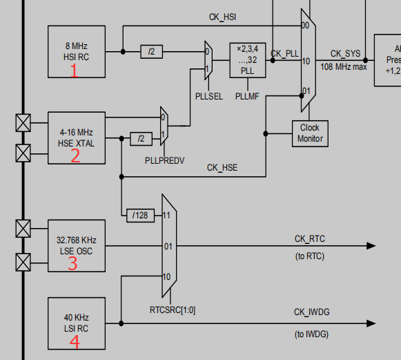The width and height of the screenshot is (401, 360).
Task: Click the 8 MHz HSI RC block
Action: [76, 52]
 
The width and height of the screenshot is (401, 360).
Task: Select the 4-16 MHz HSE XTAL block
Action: [76, 138]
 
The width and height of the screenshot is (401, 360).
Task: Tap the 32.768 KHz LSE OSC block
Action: [76, 246]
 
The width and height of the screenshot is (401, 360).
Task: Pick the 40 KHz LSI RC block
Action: [76, 323]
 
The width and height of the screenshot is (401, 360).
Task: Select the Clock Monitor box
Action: [310, 133]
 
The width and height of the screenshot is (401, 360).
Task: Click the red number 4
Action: [75, 342]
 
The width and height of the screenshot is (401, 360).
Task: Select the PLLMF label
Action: [246, 97]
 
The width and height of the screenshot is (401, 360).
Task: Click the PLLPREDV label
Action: [164, 160]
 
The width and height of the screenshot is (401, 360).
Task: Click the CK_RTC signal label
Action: [309, 239]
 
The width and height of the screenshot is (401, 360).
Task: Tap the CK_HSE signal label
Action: [222, 168]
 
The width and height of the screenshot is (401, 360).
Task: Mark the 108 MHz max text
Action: [343, 66]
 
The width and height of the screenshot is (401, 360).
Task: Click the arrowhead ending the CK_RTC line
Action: [371, 246]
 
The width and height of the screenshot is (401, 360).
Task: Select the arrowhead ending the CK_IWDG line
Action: [371, 323]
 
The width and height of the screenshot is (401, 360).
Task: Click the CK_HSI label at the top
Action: [224, 16]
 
